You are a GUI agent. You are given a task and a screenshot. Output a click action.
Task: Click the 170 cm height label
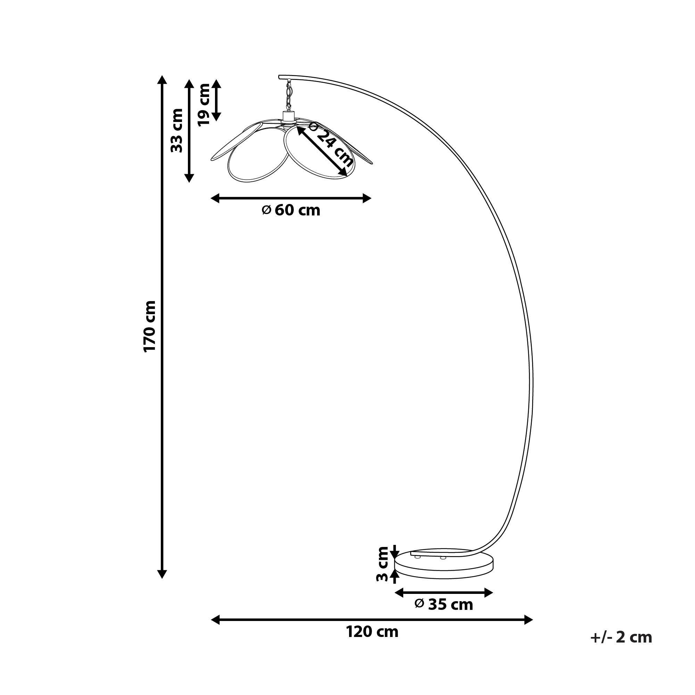click(x=150, y=326)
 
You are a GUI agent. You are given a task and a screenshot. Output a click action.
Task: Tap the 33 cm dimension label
click(x=177, y=130)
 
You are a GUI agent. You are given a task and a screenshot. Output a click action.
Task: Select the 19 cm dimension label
click(x=204, y=104)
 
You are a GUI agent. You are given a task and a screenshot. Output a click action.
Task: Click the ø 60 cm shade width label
click(x=291, y=210)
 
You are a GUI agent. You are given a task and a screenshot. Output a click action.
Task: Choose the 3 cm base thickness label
click(x=382, y=569)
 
